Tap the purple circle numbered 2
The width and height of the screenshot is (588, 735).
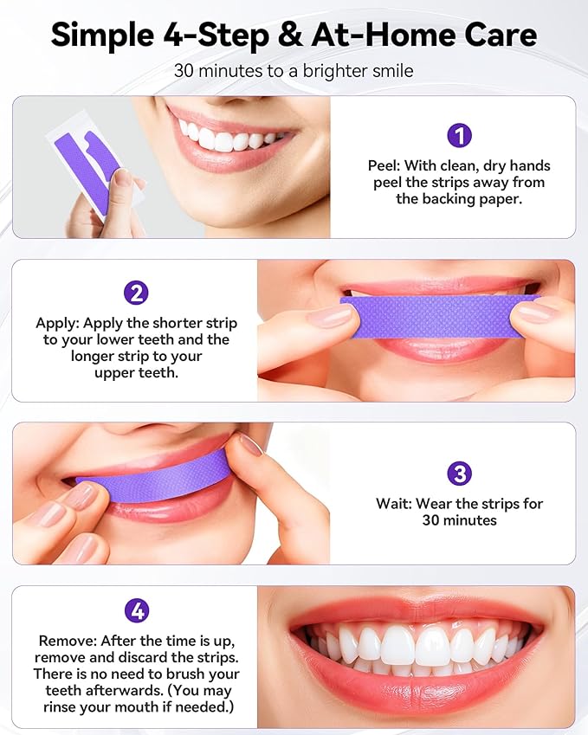click(x=136, y=293)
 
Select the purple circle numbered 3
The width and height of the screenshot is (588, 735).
click(x=459, y=474)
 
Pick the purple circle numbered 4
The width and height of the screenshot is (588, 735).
click(x=136, y=610)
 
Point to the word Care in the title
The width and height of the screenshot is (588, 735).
click(x=494, y=35)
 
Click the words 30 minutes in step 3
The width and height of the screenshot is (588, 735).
click(x=459, y=520)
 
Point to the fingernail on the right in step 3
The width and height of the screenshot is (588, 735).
click(x=251, y=445)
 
